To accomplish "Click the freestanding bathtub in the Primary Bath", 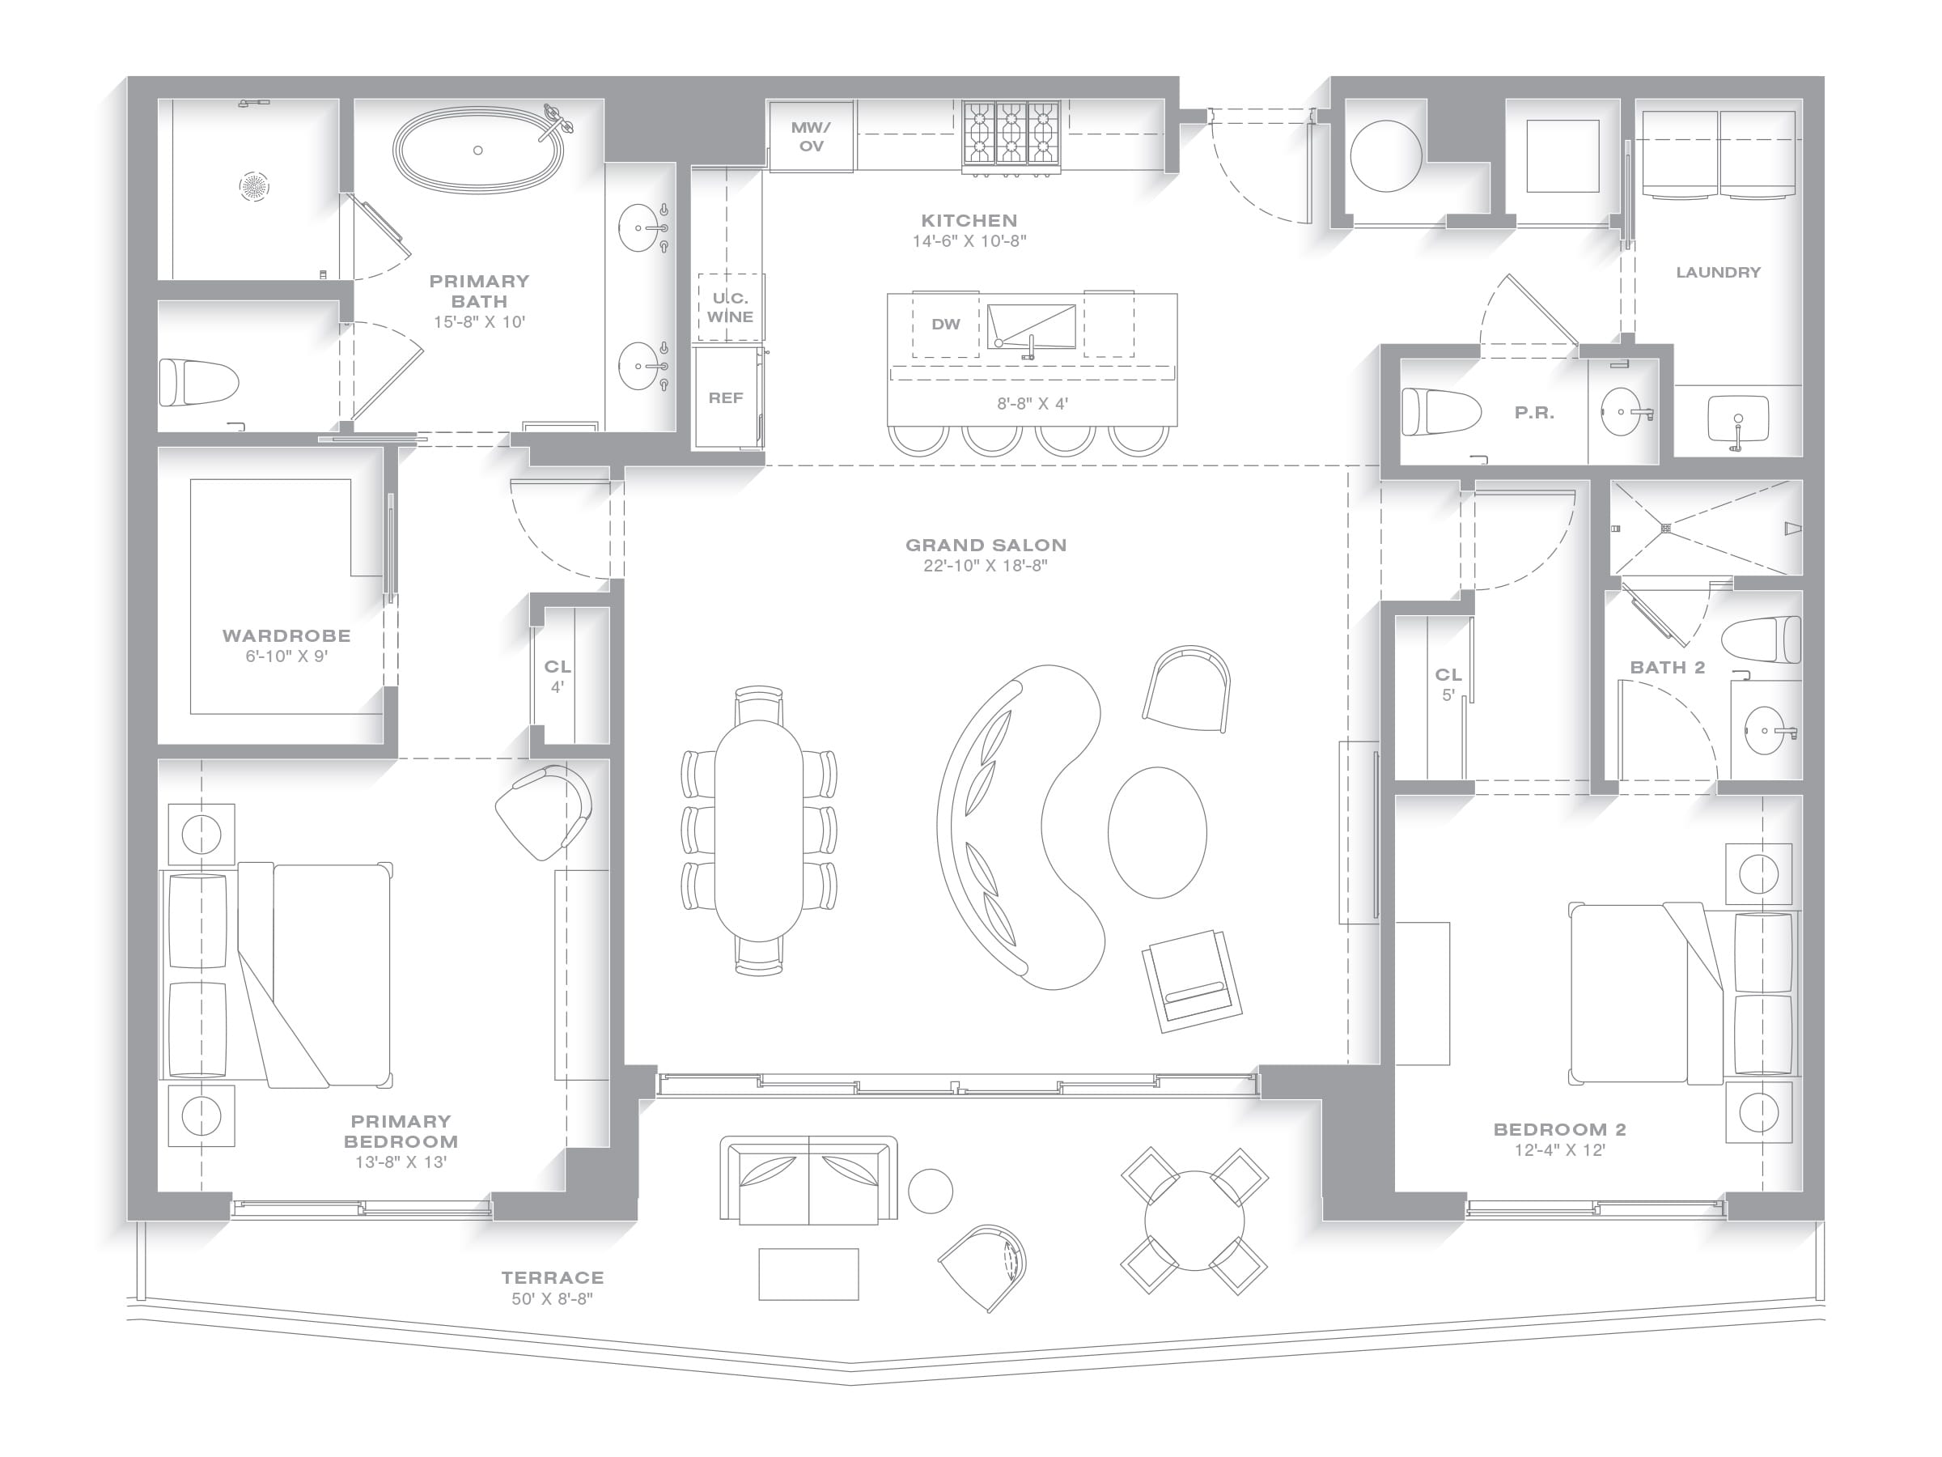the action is click(477, 151).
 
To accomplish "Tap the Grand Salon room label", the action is click(986, 546).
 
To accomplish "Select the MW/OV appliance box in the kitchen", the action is click(812, 136).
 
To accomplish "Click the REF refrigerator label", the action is click(726, 398).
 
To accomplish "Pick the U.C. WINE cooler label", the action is click(731, 308).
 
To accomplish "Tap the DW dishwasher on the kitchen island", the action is click(946, 324).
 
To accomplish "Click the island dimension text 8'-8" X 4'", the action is click(1032, 404).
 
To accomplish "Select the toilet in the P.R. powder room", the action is click(1440, 411).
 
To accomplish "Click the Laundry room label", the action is click(1718, 272).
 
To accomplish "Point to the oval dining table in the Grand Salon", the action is click(758, 830).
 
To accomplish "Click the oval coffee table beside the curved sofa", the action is click(1157, 831).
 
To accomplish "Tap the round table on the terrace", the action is click(1194, 1221).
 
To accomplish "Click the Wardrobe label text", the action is click(286, 636).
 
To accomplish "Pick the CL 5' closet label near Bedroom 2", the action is click(1448, 684).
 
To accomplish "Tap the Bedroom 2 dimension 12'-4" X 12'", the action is click(1559, 1150).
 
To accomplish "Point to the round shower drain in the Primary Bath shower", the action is click(255, 186).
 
